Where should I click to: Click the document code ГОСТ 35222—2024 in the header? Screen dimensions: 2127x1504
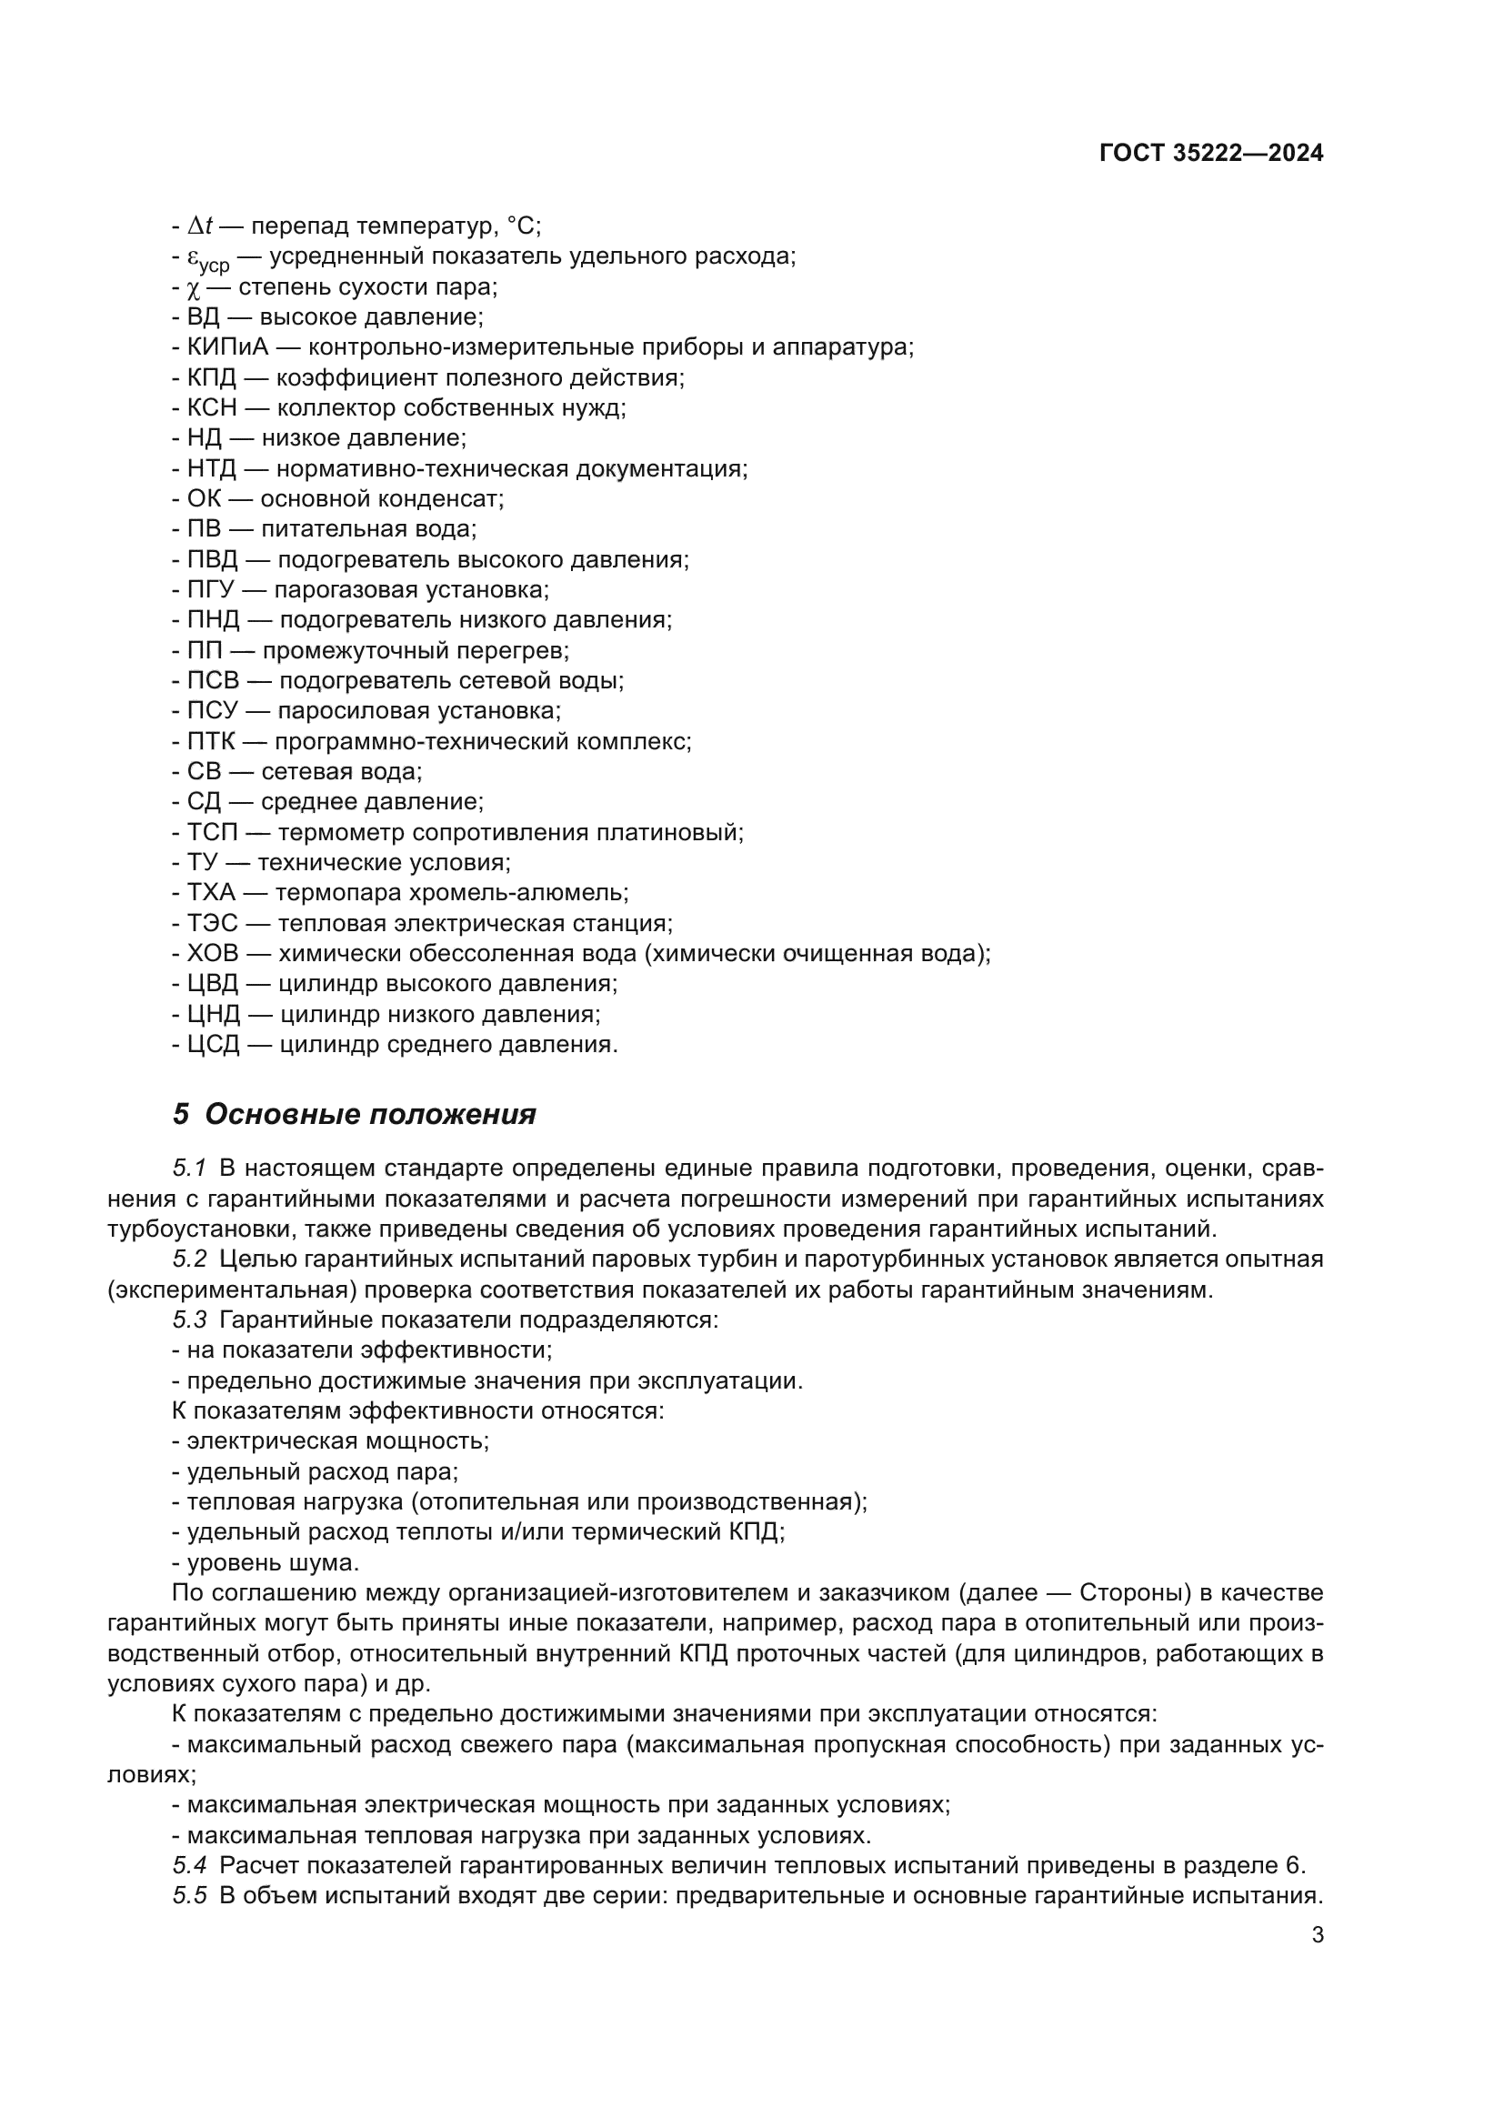pyautogui.click(x=1210, y=154)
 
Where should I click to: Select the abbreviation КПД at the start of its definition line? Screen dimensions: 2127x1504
pyautogui.click(x=212, y=378)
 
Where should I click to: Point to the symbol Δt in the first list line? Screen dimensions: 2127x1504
pyautogui.click(x=200, y=226)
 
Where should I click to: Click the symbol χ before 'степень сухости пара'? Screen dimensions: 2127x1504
pyautogui.click(x=193, y=287)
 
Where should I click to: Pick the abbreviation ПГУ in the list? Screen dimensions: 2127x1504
pyautogui.click(x=213, y=590)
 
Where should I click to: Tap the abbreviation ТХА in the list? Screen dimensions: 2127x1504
pyautogui.click(x=212, y=893)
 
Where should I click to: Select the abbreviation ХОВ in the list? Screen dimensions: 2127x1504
pyautogui.click(x=213, y=953)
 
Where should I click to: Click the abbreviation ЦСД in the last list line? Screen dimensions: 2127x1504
pyautogui.click(x=213, y=1045)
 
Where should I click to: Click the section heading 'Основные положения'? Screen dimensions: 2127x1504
pyautogui.click(x=369, y=1115)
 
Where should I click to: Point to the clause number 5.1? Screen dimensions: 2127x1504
pyautogui.click(x=189, y=1169)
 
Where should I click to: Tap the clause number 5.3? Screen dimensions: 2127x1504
pyautogui.click(x=189, y=1320)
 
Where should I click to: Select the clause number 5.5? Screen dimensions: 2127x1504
pyautogui.click(x=189, y=1895)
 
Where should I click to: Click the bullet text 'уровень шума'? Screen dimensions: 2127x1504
pyautogui.click(x=272, y=1563)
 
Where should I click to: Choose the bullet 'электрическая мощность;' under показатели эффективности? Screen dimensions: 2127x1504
pyautogui.click(x=338, y=1441)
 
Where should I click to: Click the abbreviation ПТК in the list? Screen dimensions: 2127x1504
pyautogui.click(x=212, y=741)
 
